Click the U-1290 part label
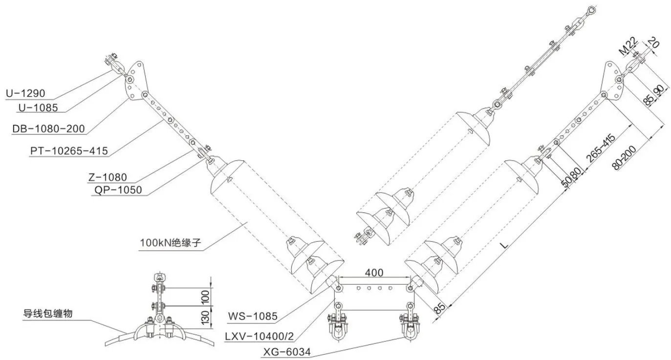(x=25, y=93)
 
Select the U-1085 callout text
(x=38, y=107)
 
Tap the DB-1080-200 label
(x=48, y=129)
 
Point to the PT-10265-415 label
(x=69, y=150)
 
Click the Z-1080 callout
(x=108, y=177)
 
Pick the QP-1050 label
(x=118, y=190)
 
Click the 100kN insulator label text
(x=170, y=242)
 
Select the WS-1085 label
(x=253, y=316)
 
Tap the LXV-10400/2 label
(x=260, y=337)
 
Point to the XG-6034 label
(x=287, y=352)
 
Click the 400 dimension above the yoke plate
(x=374, y=273)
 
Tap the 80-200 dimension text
(x=624, y=158)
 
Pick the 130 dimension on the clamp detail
(x=205, y=318)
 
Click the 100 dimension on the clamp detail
(x=205, y=297)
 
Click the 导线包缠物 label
(x=48, y=314)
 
